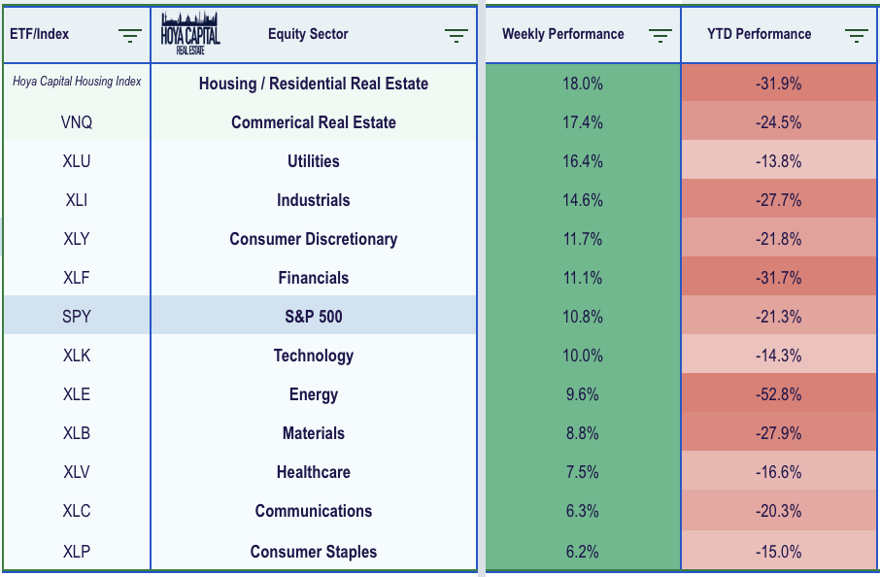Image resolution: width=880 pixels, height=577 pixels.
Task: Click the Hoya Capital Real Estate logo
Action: (190, 34)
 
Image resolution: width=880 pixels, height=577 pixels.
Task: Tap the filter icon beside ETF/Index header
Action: (130, 36)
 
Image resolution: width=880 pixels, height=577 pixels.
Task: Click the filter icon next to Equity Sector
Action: (456, 36)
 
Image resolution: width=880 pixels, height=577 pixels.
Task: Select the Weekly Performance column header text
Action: (562, 34)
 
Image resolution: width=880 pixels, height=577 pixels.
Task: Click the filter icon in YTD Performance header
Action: (856, 36)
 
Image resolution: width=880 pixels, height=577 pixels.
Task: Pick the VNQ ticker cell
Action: (77, 122)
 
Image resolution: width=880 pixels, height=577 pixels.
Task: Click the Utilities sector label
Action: (313, 161)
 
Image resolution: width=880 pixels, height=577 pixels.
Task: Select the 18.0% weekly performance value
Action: (583, 84)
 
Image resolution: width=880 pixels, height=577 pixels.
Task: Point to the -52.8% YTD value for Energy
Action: (778, 394)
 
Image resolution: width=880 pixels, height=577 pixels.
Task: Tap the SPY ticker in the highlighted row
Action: (77, 317)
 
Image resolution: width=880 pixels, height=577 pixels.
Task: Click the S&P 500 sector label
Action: (313, 317)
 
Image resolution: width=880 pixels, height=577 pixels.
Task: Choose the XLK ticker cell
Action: (77, 356)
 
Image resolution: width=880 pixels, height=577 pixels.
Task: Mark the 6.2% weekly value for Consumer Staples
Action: (583, 552)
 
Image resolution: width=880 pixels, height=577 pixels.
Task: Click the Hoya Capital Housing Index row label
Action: (77, 82)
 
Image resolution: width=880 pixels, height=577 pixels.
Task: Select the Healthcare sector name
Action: (313, 472)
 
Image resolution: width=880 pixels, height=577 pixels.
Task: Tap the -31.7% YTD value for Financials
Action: (778, 278)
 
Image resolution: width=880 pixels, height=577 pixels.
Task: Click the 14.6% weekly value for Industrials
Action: (583, 200)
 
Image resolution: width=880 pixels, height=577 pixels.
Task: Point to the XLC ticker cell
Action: (77, 511)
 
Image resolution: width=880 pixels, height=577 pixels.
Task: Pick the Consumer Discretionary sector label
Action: (313, 239)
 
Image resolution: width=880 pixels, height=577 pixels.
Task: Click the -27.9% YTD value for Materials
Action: (778, 433)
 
